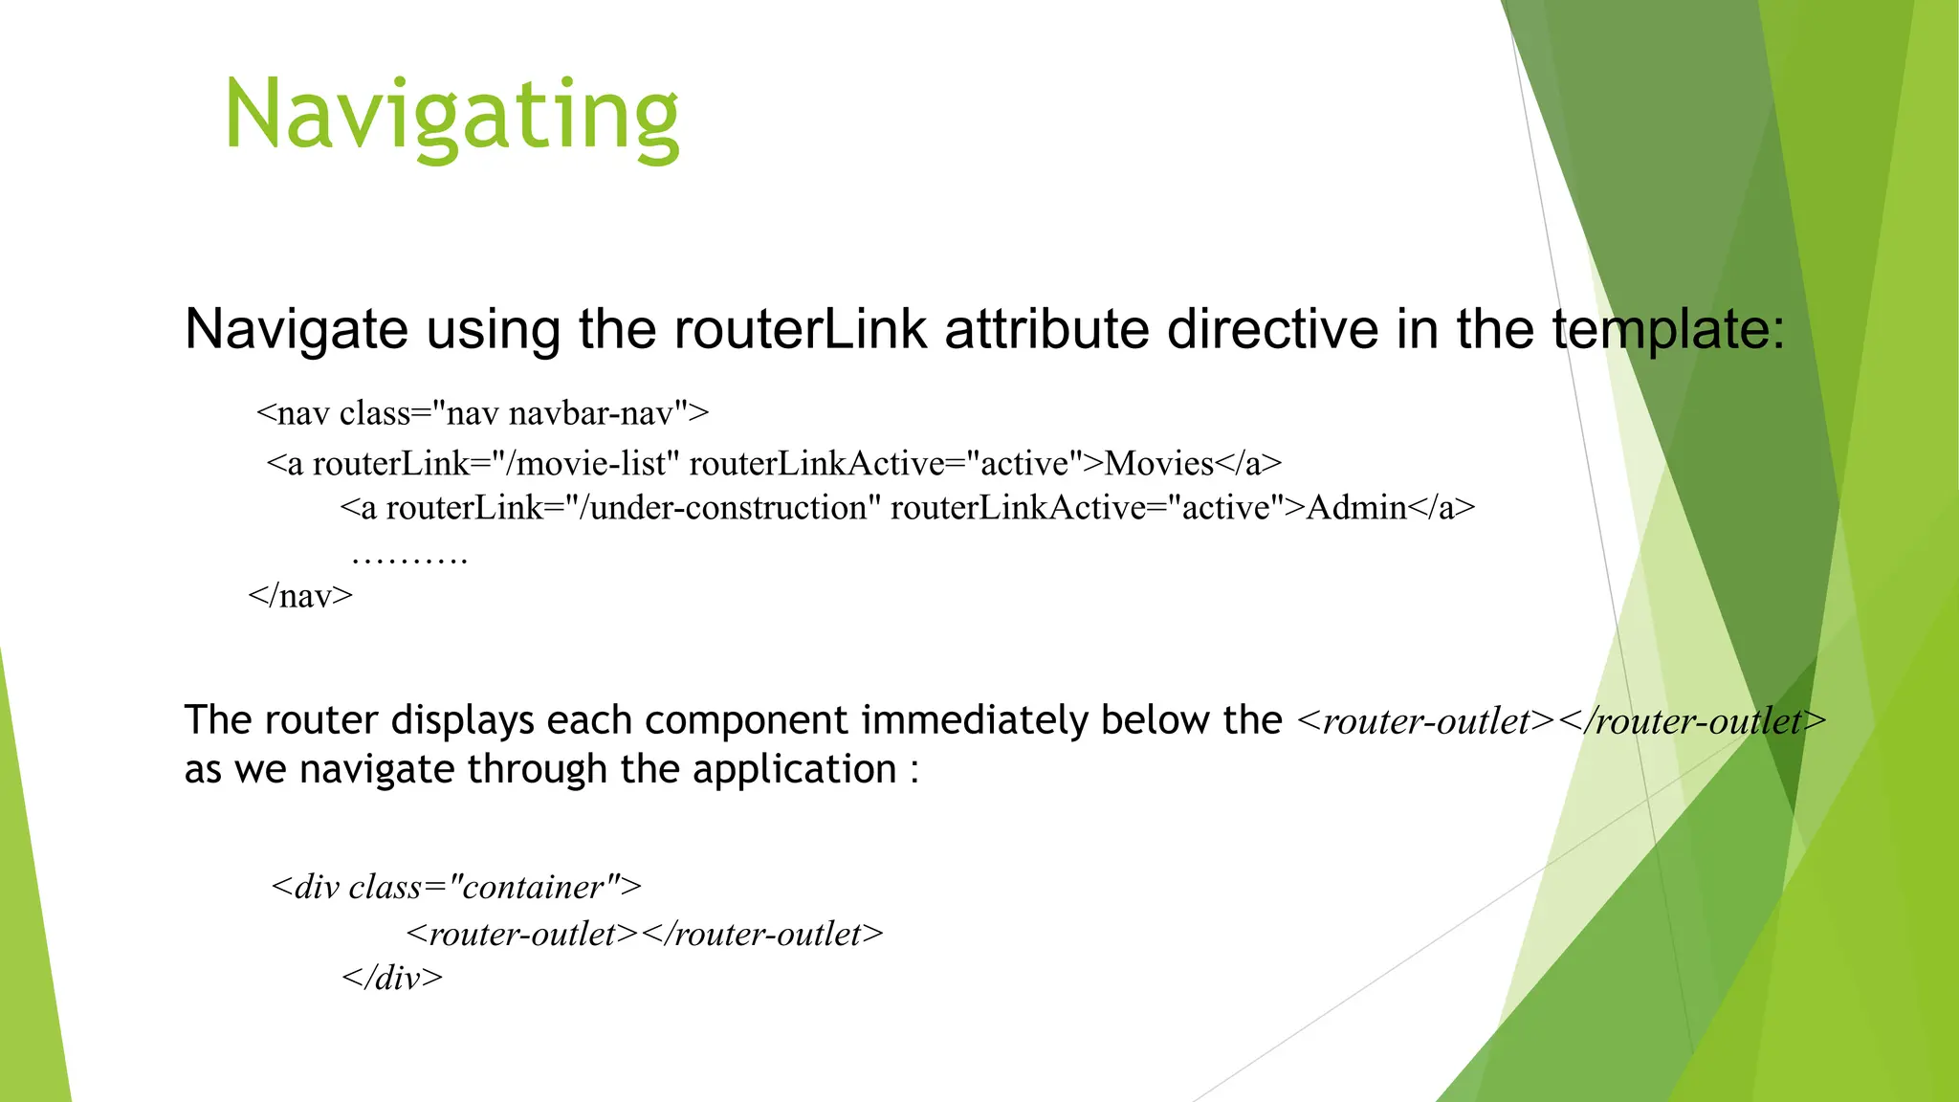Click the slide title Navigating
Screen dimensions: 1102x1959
point(451,117)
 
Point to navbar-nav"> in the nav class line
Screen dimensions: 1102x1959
point(608,413)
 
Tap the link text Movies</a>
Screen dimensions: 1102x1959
point(1192,464)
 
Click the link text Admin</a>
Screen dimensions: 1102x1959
point(1390,508)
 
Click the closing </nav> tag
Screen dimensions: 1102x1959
point(300,596)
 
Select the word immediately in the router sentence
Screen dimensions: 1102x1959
point(974,720)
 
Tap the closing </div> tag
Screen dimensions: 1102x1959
point(392,978)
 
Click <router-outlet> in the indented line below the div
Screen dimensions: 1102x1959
point(522,934)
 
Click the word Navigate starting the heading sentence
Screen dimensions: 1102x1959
point(297,329)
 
